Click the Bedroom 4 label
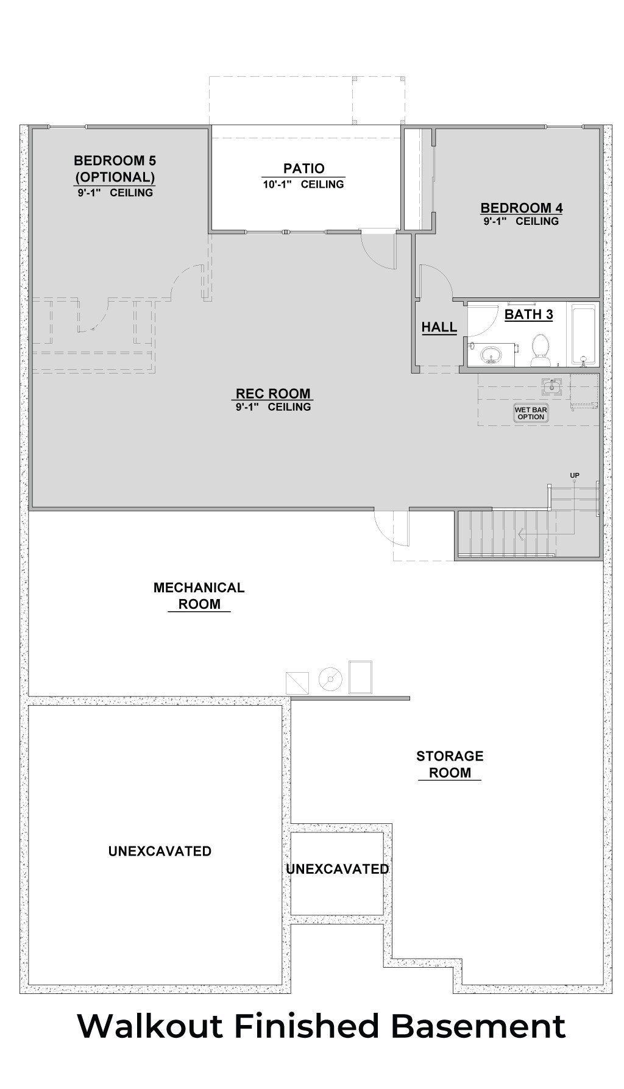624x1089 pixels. tap(521, 208)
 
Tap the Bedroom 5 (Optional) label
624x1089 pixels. tap(115, 169)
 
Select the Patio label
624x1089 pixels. tap(303, 168)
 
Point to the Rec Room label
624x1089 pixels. tap(273, 394)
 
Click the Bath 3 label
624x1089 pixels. tap(528, 314)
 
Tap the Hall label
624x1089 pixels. tap(439, 327)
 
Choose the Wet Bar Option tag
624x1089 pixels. tap(531, 413)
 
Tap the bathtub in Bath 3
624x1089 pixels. tap(583, 335)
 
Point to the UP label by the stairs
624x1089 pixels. tap(574, 475)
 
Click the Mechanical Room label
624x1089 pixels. tap(199, 595)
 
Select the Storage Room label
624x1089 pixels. tap(450, 764)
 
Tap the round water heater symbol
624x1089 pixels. tap(330, 679)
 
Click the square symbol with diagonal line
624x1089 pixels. tap(297, 683)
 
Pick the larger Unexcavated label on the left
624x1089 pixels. tap(160, 851)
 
